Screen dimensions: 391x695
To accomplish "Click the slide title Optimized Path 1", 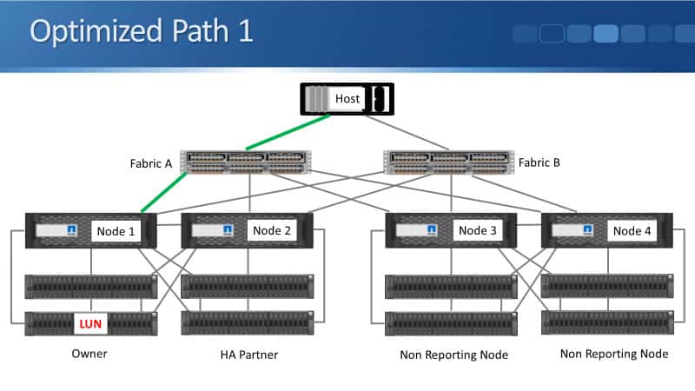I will tap(142, 30).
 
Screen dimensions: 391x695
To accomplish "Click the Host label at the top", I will tap(347, 99).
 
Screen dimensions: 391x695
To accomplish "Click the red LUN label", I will tap(90, 323).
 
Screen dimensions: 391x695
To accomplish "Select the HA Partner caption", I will tap(250, 355).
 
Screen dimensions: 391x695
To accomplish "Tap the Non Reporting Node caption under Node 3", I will tap(453, 355).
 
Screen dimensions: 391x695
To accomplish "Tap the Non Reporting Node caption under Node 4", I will tap(613, 354).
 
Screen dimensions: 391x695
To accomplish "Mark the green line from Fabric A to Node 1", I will tap(164, 192).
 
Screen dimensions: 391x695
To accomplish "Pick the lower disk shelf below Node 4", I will tap(606, 321).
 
